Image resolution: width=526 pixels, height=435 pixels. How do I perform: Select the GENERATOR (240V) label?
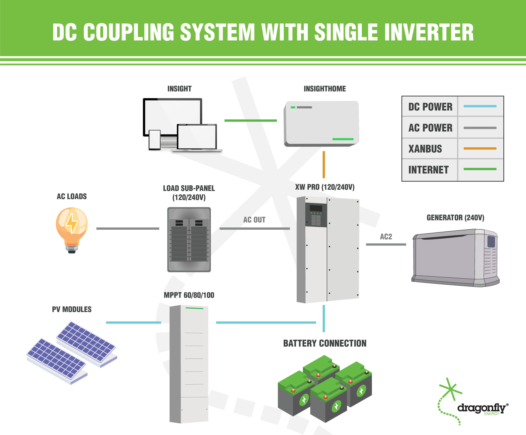click(455, 218)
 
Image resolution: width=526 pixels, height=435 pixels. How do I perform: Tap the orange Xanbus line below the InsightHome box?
click(324, 165)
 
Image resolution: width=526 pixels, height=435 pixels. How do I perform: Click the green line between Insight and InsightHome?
click(250, 120)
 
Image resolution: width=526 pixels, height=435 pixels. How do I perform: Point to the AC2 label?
click(386, 237)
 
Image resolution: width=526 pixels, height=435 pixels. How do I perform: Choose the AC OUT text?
click(254, 220)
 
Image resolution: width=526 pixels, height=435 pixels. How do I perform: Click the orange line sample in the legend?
click(480, 148)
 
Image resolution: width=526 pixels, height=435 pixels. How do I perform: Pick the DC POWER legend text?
click(430, 107)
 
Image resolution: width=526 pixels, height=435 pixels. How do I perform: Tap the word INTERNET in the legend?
click(428, 170)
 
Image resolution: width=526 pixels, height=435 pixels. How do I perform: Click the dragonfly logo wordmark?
click(481, 408)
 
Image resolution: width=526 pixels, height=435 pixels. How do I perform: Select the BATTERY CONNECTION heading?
click(325, 343)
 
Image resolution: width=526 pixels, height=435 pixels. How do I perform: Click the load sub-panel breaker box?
click(189, 240)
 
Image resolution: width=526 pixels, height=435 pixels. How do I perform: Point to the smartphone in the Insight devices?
click(155, 140)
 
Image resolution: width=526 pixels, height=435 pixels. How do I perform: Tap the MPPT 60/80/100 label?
click(189, 295)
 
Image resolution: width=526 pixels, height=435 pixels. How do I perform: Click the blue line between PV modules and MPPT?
click(133, 322)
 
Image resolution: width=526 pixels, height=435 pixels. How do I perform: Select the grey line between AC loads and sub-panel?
click(128, 228)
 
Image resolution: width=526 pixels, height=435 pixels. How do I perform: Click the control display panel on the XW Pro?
click(316, 215)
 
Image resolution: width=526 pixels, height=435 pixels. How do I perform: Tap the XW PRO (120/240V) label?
click(325, 187)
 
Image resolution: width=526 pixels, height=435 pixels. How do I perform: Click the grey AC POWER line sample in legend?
click(480, 128)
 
